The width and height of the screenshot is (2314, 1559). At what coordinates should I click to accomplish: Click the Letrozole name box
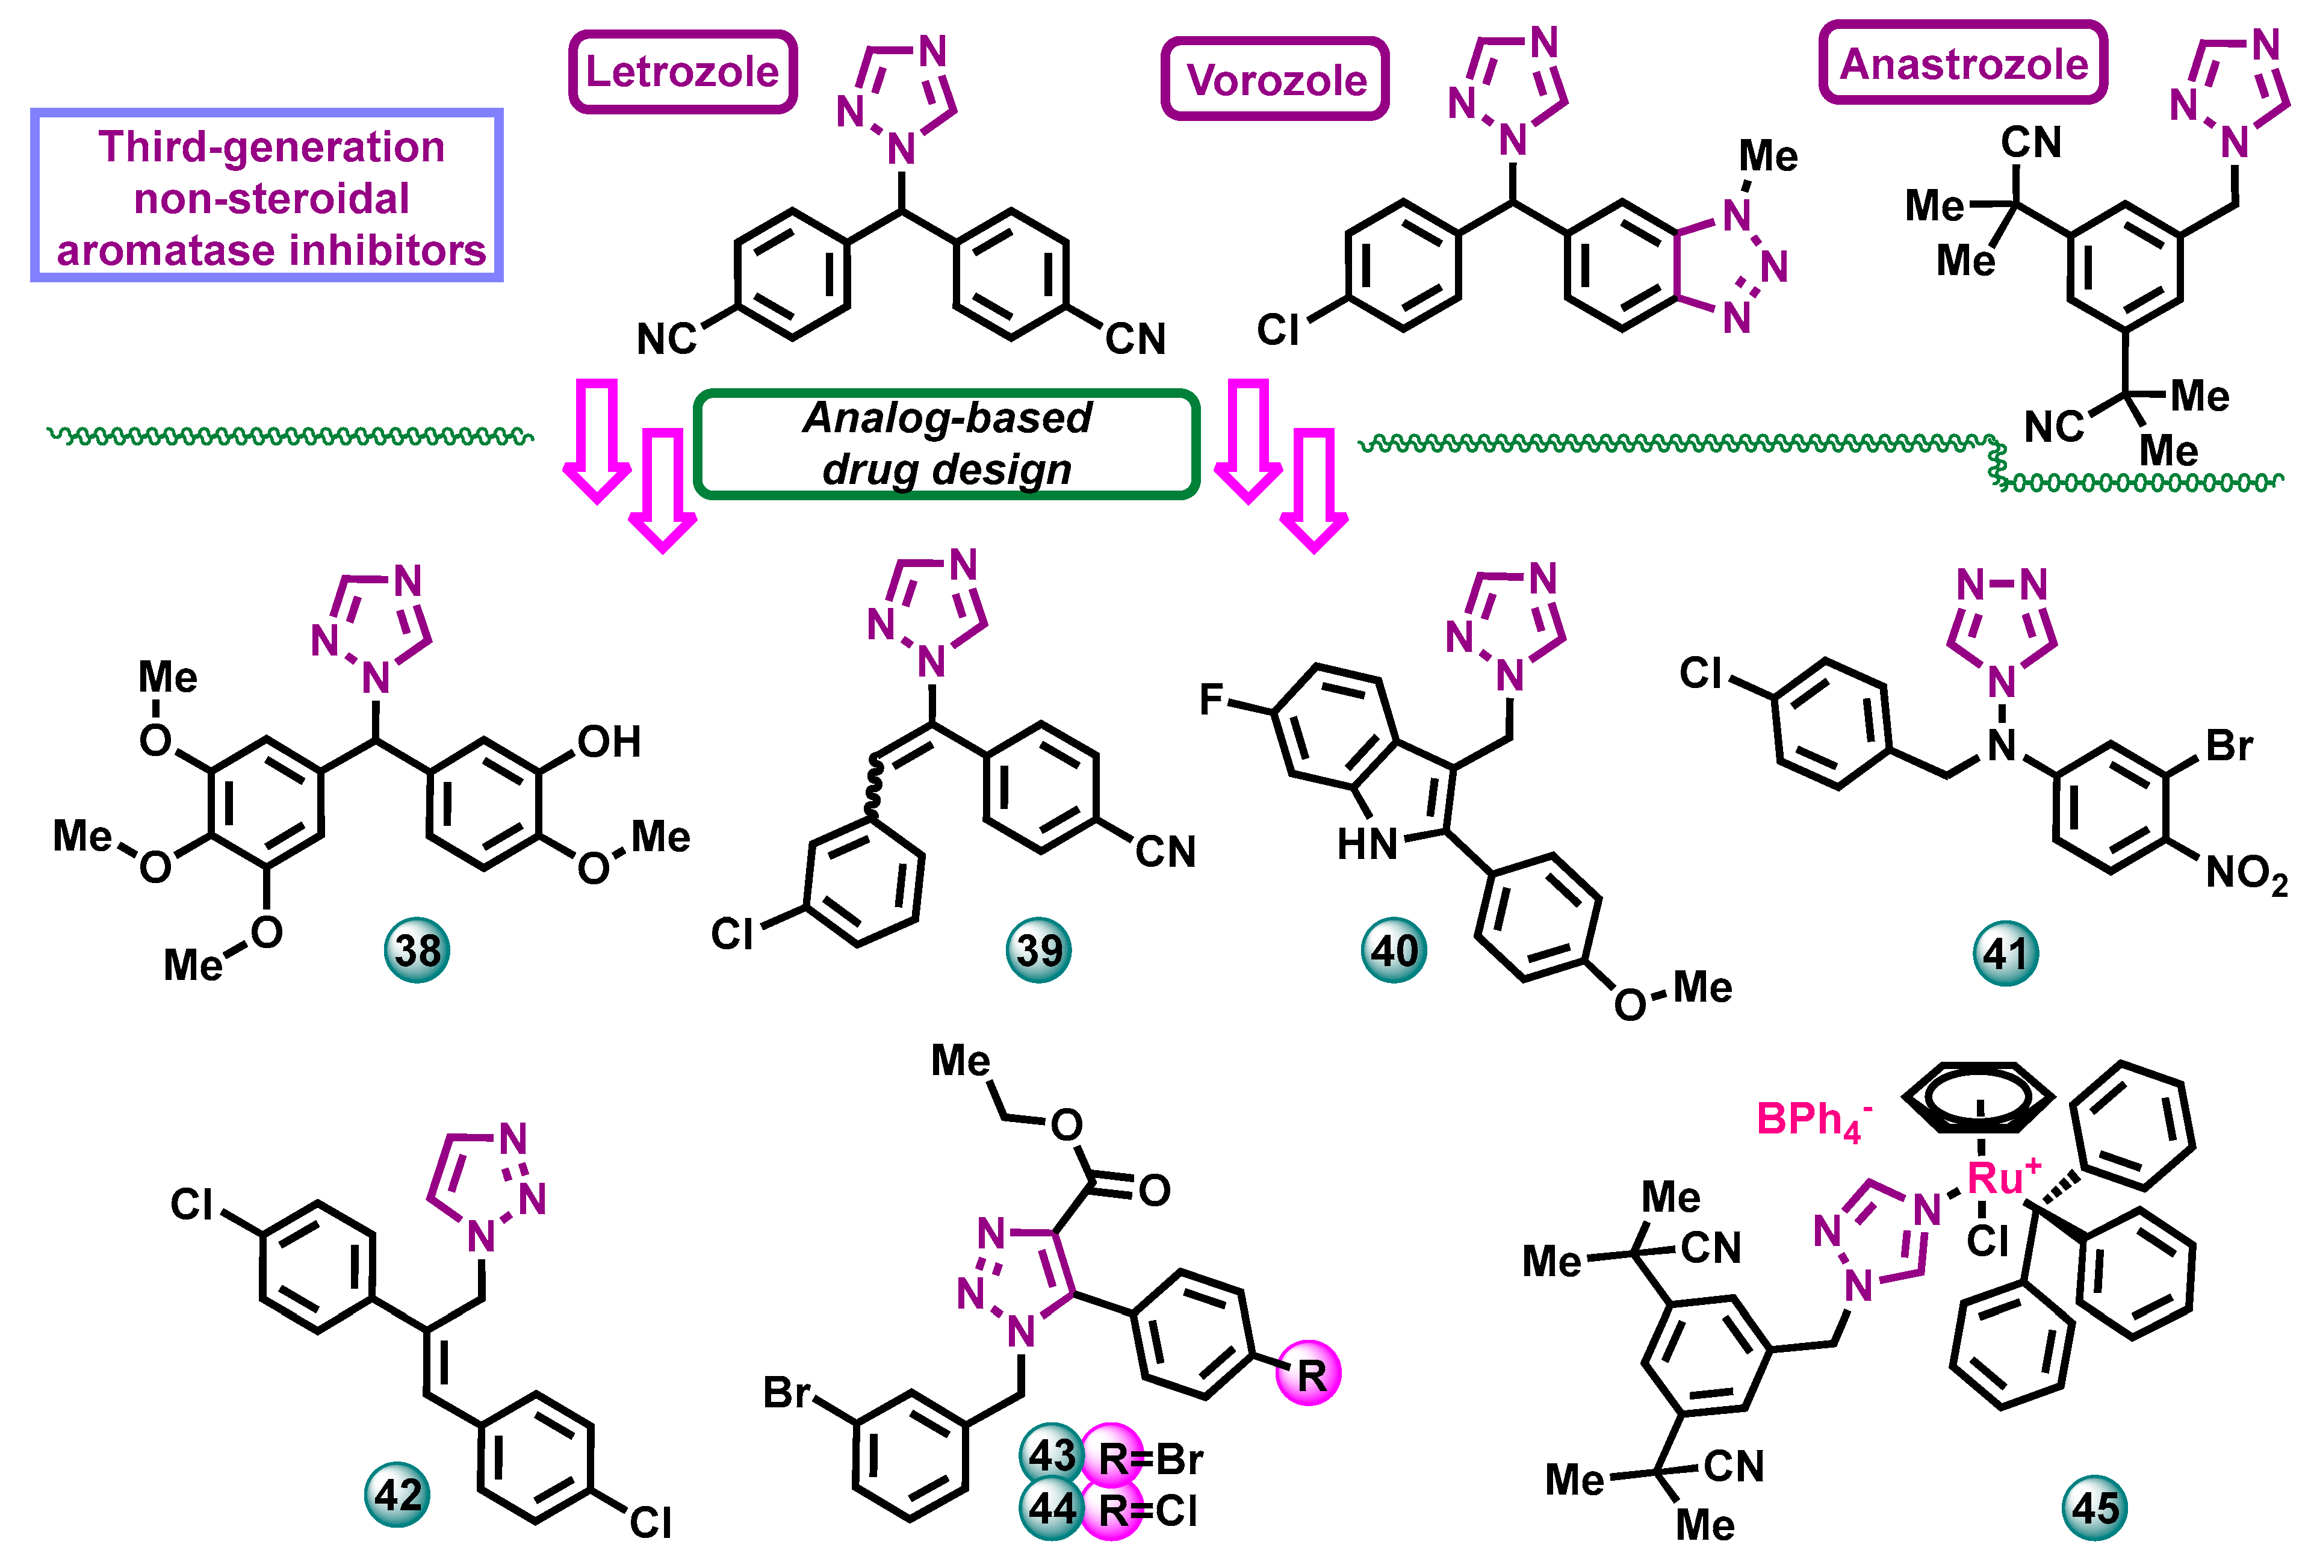[682, 72]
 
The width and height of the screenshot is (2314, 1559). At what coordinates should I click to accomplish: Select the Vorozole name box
[1275, 79]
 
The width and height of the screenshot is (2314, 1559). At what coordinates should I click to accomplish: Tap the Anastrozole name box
[1963, 64]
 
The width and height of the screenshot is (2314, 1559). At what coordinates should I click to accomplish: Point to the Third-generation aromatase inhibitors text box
[267, 196]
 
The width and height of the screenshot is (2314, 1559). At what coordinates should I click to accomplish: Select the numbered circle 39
[1039, 950]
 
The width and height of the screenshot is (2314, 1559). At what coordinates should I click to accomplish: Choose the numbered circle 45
[2094, 1508]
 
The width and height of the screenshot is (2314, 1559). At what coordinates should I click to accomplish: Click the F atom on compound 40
[1211, 699]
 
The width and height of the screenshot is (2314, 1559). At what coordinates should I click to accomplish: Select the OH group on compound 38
[609, 742]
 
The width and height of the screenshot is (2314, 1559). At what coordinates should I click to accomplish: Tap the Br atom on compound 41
[2229, 746]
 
